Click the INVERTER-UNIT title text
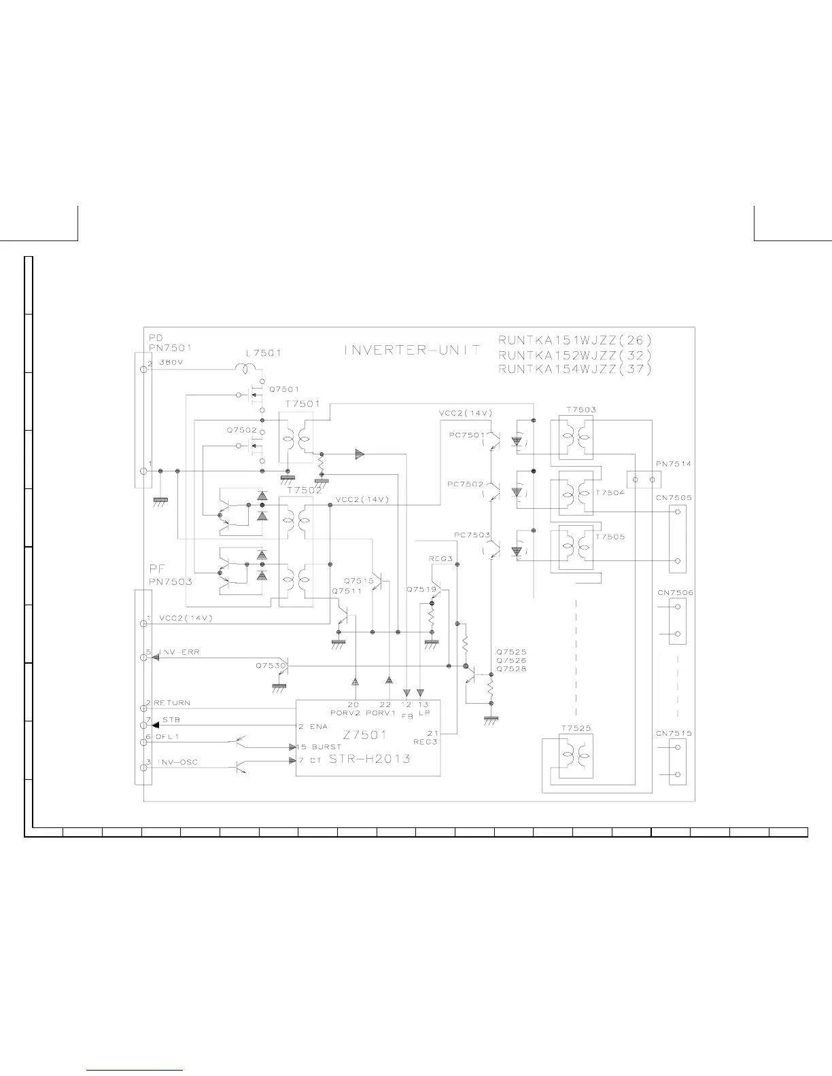[x=413, y=351]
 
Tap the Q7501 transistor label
[x=284, y=389]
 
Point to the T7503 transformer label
[x=580, y=410]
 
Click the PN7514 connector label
[x=674, y=464]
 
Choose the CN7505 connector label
[x=674, y=498]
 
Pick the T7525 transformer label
[x=576, y=728]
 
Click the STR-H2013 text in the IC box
[x=370, y=759]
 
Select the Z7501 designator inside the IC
[x=365, y=734]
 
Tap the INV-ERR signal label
[x=179, y=652]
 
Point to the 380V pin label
[x=171, y=363]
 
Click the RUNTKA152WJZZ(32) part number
[x=575, y=355]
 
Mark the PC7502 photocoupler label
[x=466, y=484]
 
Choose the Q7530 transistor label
[x=270, y=666]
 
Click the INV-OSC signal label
[x=178, y=762]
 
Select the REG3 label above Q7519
[x=440, y=558]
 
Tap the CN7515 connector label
[x=674, y=734]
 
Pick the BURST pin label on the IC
[x=327, y=747]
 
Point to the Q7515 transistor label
[x=359, y=581]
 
